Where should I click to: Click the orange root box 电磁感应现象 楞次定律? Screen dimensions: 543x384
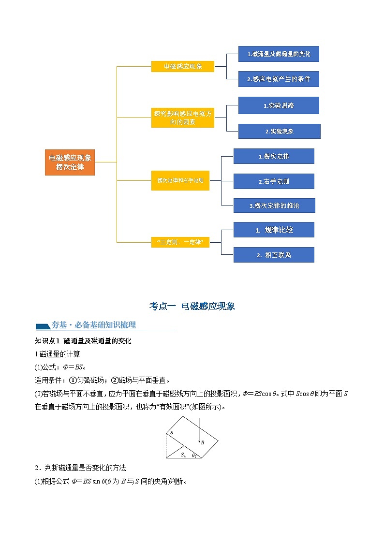[x=70, y=162]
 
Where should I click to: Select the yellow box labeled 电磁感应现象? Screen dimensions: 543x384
[x=182, y=66]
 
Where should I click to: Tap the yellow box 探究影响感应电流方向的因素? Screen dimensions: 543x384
[x=182, y=118]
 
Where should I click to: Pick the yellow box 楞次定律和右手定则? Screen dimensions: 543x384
[x=180, y=180]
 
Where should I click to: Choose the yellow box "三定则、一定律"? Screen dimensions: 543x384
[x=180, y=241]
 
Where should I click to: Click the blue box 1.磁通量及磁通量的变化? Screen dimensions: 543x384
[x=279, y=54]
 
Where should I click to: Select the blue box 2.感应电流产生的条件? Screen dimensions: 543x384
[x=279, y=79]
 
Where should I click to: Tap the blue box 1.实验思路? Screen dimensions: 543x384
[x=279, y=105]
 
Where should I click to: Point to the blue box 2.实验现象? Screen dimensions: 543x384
[x=279, y=131]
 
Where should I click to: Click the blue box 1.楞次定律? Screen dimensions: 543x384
[x=274, y=156]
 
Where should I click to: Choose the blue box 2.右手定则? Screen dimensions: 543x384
[x=274, y=181]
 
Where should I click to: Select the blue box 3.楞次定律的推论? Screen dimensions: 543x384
[x=274, y=205]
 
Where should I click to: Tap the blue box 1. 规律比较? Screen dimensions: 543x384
[x=274, y=230]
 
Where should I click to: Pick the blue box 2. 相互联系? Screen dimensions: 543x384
[x=274, y=255]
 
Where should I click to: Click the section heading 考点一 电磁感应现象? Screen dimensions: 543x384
[x=192, y=306]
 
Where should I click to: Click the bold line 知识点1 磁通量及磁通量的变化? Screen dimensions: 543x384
[x=84, y=341]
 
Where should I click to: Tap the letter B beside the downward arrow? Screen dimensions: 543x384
[x=203, y=442]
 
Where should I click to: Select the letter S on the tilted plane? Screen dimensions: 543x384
[x=172, y=432]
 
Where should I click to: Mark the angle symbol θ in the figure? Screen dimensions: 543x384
[x=193, y=455]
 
